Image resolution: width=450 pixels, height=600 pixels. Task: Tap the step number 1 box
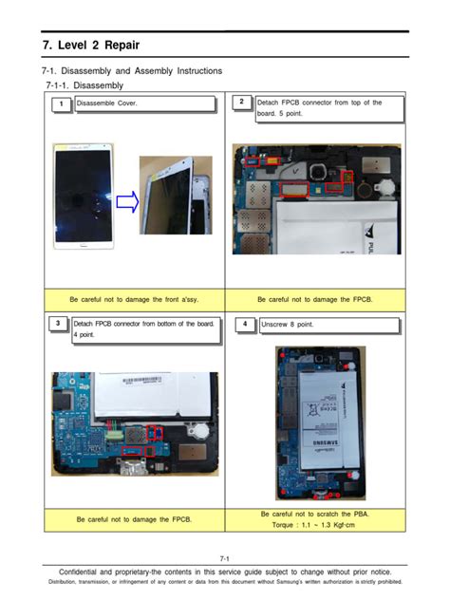point(61,103)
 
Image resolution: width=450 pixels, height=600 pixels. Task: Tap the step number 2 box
point(242,103)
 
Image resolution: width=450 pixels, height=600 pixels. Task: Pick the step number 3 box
point(59,325)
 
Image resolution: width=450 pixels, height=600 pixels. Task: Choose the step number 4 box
point(245,325)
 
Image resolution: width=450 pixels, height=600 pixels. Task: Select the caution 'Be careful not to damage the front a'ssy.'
point(134,298)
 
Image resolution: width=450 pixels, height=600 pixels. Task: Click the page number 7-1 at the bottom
point(225,558)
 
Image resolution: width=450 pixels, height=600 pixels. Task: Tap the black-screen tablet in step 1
point(83,194)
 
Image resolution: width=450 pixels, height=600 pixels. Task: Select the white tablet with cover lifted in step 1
point(176,195)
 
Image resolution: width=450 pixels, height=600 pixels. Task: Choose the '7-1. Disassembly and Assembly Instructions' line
point(132,71)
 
